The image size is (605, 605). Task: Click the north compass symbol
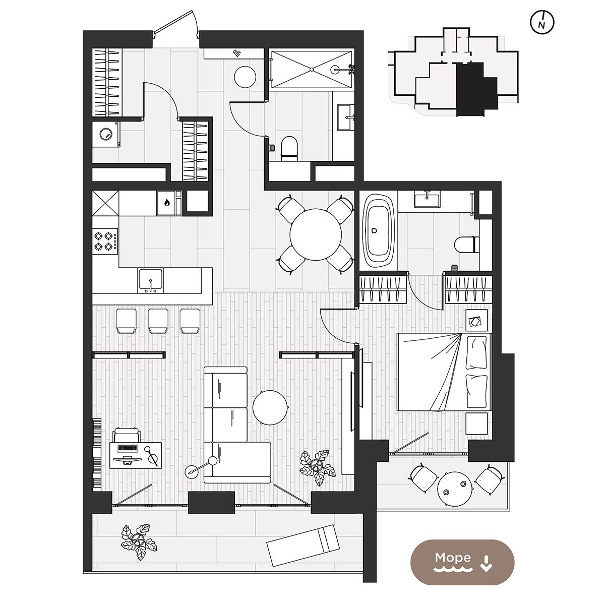(x=542, y=22)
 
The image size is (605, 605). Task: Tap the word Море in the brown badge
(x=453, y=558)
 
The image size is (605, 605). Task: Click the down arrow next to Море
(x=487, y=563)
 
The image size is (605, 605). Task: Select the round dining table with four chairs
(x=315, y=234)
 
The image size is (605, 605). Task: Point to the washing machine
(x=106, y=135)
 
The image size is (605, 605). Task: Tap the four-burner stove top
(x=105, y=241)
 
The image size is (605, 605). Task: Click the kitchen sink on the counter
(x=151, y=280)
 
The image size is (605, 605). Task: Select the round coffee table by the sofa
(x=270, y=407)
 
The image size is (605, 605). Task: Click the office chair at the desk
(x=127, y=435)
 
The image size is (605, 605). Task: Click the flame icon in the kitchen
(x=167, y=203)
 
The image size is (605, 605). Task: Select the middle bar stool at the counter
(x=158, y=321)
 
